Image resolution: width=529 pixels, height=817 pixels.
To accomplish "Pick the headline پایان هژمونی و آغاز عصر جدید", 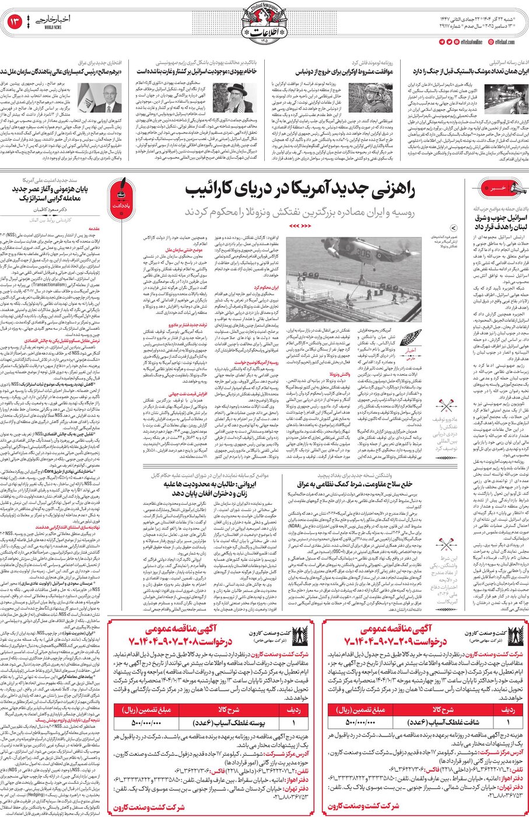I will [x=58, y=195].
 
